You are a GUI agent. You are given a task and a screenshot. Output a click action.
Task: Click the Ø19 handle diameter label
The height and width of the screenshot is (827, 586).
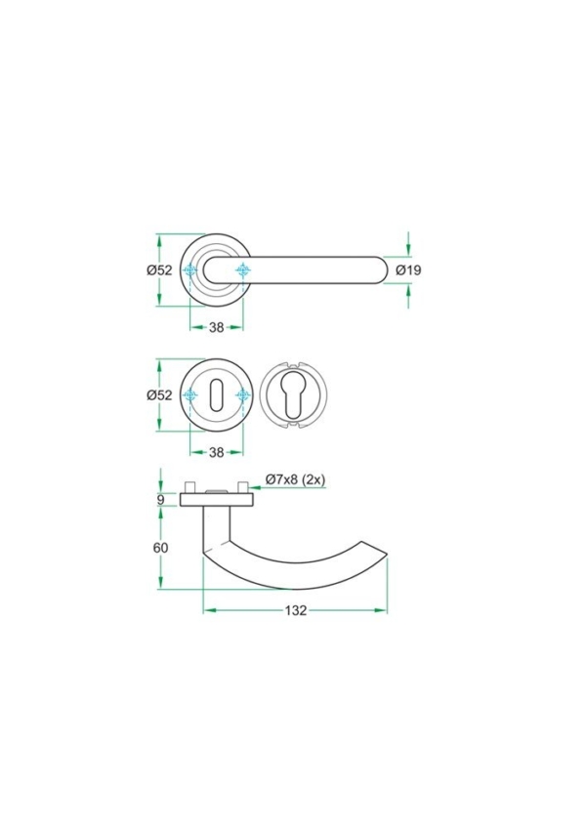(x=408, y=270)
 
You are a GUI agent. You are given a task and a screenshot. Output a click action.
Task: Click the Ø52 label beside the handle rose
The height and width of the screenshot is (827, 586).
(x=159, y=270)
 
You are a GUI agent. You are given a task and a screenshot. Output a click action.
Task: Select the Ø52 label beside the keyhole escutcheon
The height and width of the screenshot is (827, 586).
(x=159, y=395)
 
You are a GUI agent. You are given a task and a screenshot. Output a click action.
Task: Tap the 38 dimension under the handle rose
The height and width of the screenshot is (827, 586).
(x=217, y=328)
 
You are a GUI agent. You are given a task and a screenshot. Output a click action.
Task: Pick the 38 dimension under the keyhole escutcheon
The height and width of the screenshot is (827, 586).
(x=217, y=452)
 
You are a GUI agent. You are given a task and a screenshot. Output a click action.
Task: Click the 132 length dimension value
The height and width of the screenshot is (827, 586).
(x=296, y=611)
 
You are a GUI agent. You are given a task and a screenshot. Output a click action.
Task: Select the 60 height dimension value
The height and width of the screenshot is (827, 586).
(x=161, y=548)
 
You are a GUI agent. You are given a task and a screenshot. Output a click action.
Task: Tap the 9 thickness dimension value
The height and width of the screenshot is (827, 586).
(x=161, y=500)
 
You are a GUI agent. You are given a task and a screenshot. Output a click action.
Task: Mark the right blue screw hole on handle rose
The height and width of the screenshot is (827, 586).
(x=242, y=270)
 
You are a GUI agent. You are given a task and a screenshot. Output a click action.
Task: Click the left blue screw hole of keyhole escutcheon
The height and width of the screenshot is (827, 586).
(x=191, y=395)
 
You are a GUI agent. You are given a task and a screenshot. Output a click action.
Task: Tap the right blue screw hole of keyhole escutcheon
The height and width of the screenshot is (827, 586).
(x=242, y=395)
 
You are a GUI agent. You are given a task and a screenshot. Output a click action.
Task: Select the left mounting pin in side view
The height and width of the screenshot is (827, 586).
(x=192, y=486)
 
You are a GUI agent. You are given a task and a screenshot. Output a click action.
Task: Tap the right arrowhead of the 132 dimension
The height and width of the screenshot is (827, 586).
(x=382, y=610)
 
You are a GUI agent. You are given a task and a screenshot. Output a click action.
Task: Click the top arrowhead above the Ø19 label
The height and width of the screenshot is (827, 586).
(x=407, y=247)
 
